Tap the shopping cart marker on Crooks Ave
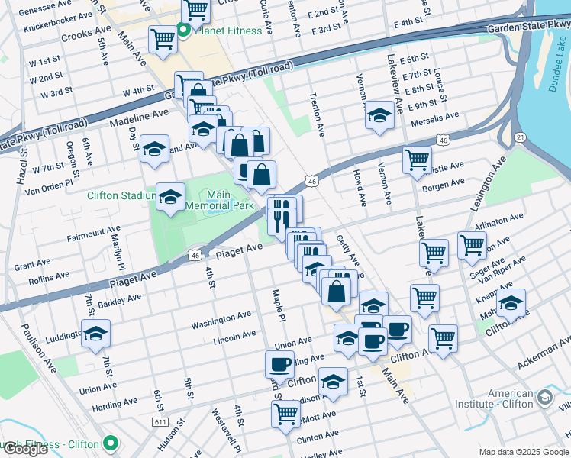click(163, 39)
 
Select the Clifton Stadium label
click(121, 196)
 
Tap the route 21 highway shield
click(519, 137)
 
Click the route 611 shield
click(160, 421)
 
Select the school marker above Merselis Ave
click(379, 115)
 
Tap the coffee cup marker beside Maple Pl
click(279, 364)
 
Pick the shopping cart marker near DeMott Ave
click(285, 414)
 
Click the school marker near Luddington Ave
click(95, 334)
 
